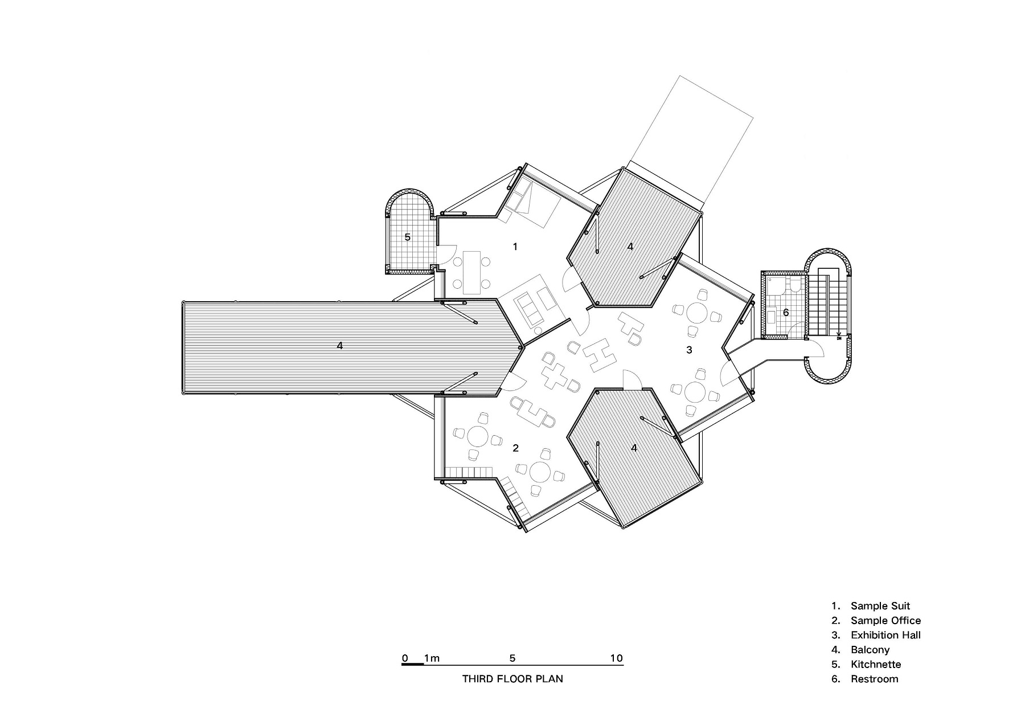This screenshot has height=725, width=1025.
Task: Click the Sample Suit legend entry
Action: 871,606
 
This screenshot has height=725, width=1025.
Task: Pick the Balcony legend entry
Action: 860,650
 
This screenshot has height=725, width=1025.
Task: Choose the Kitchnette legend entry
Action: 866,664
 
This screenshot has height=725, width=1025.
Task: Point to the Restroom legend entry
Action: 865,679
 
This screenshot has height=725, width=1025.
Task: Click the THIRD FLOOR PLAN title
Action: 512,679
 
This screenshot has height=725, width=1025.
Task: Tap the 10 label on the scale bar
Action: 617,658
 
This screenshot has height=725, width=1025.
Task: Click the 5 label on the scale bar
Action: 512,658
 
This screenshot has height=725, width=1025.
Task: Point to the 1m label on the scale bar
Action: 432,658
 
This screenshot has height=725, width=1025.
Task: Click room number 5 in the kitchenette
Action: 407,237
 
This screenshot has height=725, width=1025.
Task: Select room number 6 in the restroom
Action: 786,312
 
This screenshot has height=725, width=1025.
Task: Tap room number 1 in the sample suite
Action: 515,247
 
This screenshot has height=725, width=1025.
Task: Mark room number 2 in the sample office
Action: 515,448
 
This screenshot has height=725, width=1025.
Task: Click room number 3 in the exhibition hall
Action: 689,350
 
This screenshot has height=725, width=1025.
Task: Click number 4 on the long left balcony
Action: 340,345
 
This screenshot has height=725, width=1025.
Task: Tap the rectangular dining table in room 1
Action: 472,273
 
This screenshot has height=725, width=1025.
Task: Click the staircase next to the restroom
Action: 825,304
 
